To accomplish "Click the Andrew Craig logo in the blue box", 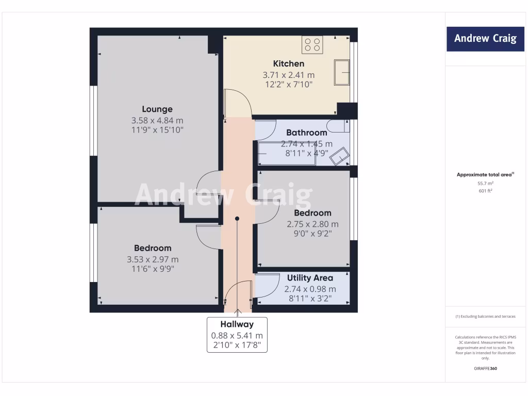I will tap(485, 39).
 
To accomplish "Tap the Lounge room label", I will tap(157, 109).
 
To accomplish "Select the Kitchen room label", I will tap(288, 63).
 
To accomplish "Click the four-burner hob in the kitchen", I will tap(312, 45).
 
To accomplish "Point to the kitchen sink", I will tap(342, 72).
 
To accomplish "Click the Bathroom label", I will tap(306, 133).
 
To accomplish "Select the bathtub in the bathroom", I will tap(287, 154).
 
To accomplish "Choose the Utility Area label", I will tap(310, 278).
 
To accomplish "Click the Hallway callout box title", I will tap(237, 324).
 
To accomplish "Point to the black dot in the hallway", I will tap(237, 219).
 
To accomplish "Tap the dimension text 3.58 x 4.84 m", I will tap(157, 120).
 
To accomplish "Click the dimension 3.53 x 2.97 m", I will tap(153, 259).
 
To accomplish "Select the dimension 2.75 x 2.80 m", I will tap(312, 224).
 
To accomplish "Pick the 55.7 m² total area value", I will tap(485, 183).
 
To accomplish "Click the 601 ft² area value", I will tap(485, 191).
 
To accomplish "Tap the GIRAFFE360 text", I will tap(485, 369).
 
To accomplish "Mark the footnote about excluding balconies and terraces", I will tap(485, 317).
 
